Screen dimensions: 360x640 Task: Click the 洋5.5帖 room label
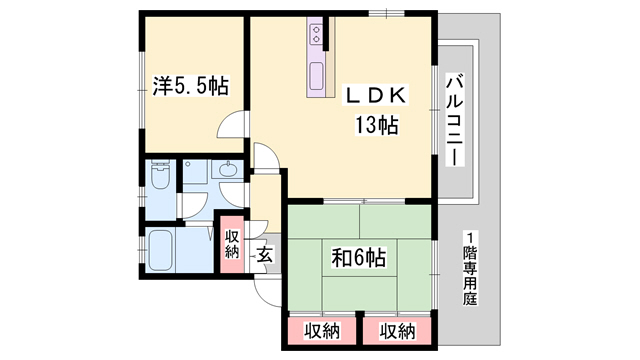(191, 87)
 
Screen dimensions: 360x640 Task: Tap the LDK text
(375, 95)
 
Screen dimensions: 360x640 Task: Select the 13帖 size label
(375, 126)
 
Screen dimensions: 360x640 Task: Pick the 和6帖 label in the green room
(359, 259)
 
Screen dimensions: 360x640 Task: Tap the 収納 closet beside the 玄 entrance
(232, 243)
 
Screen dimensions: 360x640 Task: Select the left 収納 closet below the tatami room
(315, 329)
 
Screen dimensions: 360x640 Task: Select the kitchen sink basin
(320, 76)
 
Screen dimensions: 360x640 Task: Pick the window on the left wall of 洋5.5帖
(141, 80)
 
